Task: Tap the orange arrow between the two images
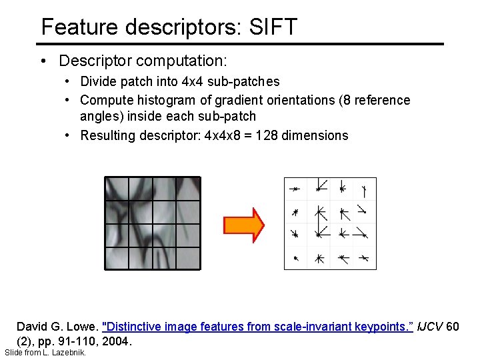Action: pyautogui.click(x=243, y=224)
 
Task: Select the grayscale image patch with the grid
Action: pyautogui.click(x=153, y=223)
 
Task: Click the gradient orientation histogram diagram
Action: pyautogui.click(x=330, y=223)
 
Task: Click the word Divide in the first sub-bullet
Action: pyautogui.click(x=99, y=82)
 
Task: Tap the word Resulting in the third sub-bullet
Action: pyautogui.click(x=107, y=136)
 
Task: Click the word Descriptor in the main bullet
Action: pyautogui.click(x=95, y=61)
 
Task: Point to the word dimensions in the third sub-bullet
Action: pyautogui.click(x=315, y=136)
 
